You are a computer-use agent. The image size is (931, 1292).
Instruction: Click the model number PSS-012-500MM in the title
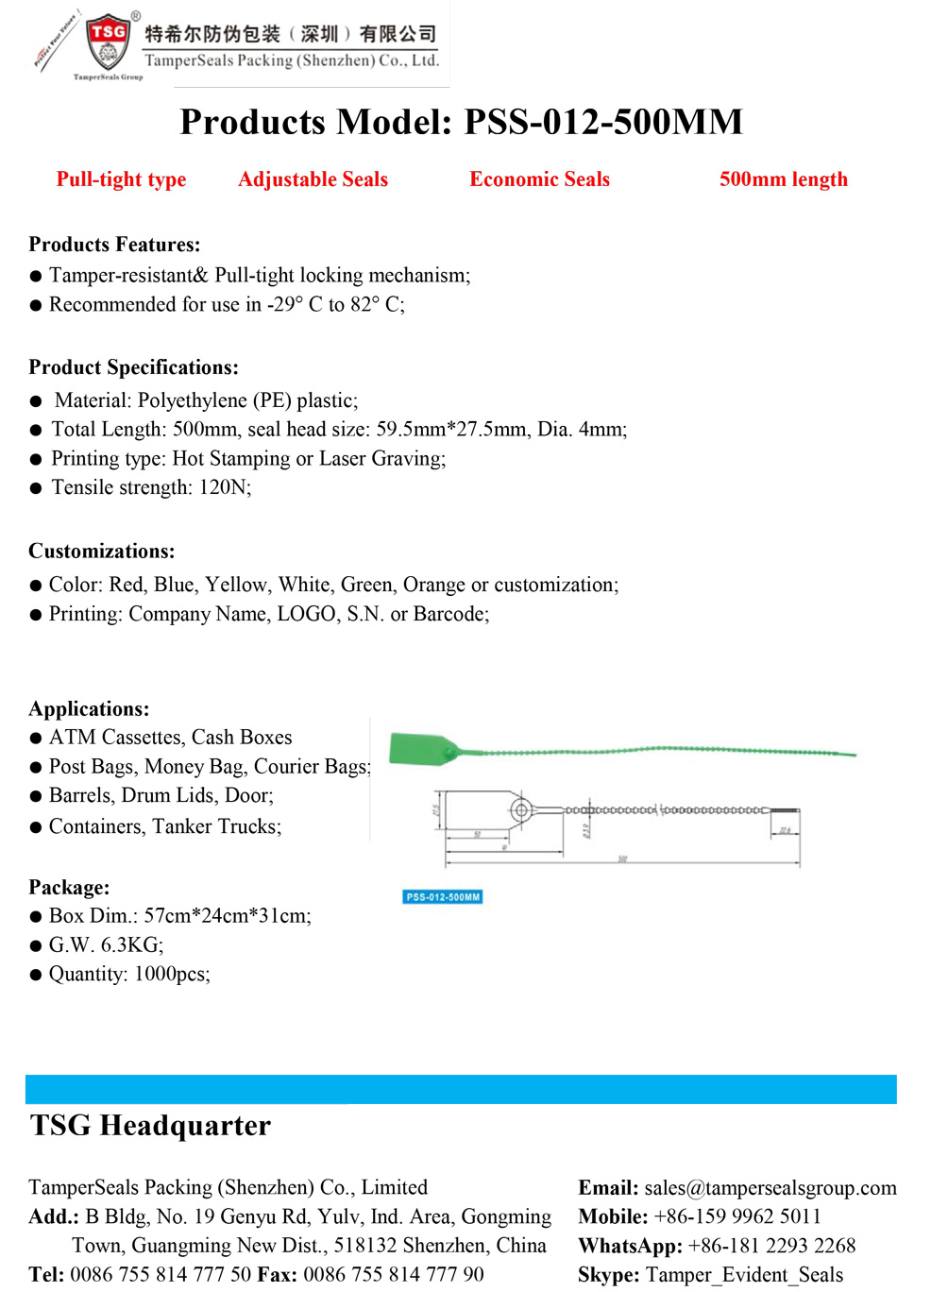pyautogui.click(x=603, y=122)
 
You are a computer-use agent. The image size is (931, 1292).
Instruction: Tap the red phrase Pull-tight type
pyautogui.click(x=121, y=179)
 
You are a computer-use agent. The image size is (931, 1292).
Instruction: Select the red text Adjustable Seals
pyautogui.click(x=313, y=179)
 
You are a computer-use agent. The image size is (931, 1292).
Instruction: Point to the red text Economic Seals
pyautogui.click(x=539, y=179)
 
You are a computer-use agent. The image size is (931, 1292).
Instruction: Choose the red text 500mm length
pyautogui.click(x=783, y=179)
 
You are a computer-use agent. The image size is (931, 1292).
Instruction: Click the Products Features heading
pyautogui.click(x=114, y=245)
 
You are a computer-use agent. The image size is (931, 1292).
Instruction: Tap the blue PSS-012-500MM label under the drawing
pyautogui.click(x=443, y=897)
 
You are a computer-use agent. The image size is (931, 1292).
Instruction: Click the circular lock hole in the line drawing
pyautogui.click(x=519, y=810)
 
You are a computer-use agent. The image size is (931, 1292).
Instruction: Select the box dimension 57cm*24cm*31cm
pyautogui.click(x=227, y=916)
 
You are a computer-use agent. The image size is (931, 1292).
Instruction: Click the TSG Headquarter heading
pyautogui.click(x=150, y=1126)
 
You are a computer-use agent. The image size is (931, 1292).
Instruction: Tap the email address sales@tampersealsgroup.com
pyautogui.click(x=770, y=1188)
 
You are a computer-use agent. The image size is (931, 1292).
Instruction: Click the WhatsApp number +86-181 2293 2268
pyautogui.click(x=771, y=1246)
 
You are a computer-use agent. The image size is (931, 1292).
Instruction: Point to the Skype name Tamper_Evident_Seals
pyautogui.click(x=744, y=1275)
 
